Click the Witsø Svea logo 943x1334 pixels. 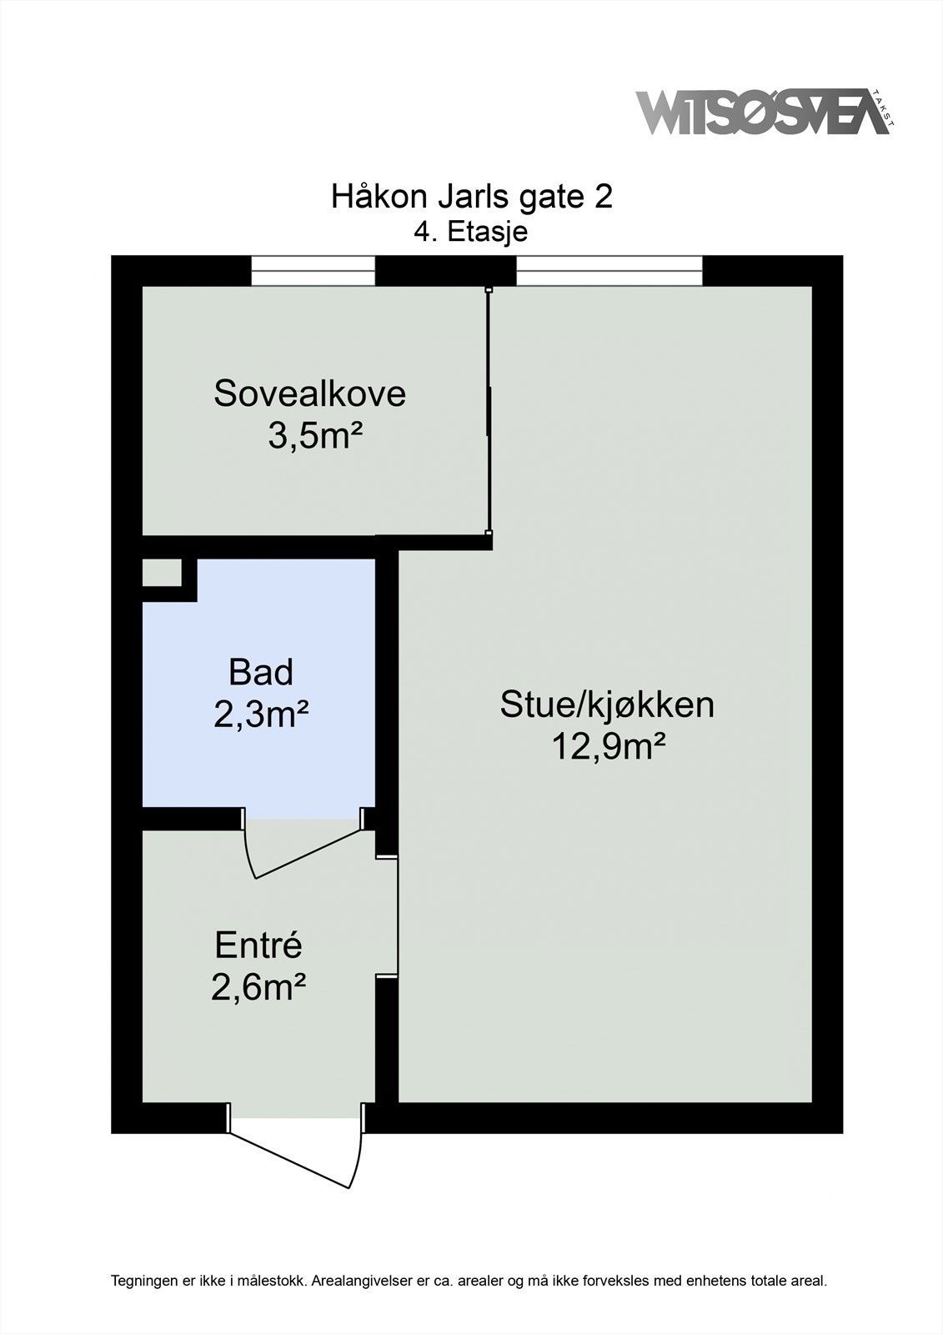coord(763,113)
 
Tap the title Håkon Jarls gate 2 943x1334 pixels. coord(472,197)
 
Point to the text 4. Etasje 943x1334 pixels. coord(471,231)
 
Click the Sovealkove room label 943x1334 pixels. coord(309,394)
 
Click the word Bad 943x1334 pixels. coord(261,672)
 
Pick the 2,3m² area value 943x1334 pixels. coord(261,715)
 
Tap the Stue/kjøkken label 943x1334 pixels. coord(607,705)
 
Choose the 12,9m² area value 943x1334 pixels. coord(608,747)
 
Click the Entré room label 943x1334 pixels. coord(258,945)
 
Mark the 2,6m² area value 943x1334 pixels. coord(258,988)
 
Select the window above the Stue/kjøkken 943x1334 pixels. coord(609,271)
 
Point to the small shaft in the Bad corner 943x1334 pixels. coord(161,573)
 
